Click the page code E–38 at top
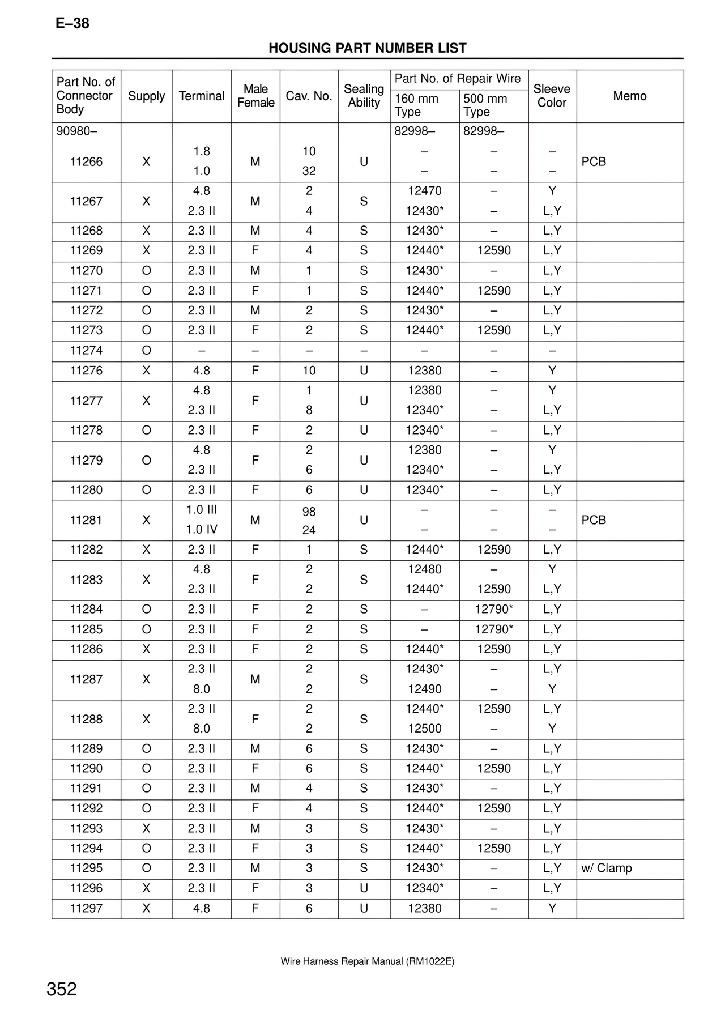pyautogui.click(x=72, y=24)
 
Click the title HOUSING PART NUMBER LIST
pyautogui.click(x=367, y=48)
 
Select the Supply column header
pyautogui.click(x=146, y=96)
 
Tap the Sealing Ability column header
pyautogui.click(x=364, y=96)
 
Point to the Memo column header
pyautogui.click(x=629, y=96)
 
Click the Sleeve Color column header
pyautogui.click(x=552, y=96)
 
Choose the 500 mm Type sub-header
pyautogui.click(x=485, y=105)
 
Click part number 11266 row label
pyautogui.click(x=86, y=162)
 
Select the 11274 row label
pyautogui.click(x=86, y=351)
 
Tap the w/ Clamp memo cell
pyautogui.click(x=606, y=868)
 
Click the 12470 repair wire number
pyautogui.click(x=424, y=191)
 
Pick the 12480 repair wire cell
pyautogui.click(x=424, y=569)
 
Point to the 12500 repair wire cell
pyautogui.click(x=424, y=729)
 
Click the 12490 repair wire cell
pyautogui.click(x=424, y=689)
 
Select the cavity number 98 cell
pyautogui.click(x=309, y=512)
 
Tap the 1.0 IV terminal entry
pyautogui.click(x=202, y=530)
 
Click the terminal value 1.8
pyautogui.click(x=202, y=151)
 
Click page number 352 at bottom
pyautogui.click(x=62, y=989)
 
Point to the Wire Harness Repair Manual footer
pyautogui.click(x=367, y=961)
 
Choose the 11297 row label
pyautogui.click(x=86, y=908)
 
